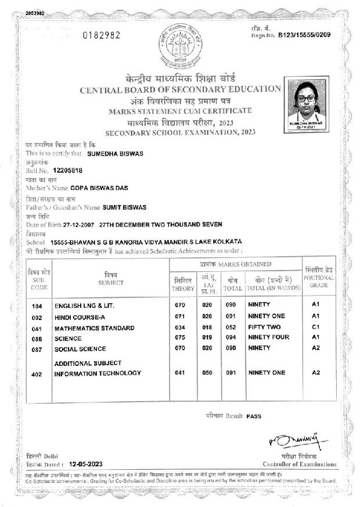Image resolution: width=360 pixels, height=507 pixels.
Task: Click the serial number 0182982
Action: (x=102, y=35)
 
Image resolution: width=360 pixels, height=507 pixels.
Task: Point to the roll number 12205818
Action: (x=67, y=172)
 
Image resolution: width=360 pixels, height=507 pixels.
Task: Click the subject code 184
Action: (x=37, y=305)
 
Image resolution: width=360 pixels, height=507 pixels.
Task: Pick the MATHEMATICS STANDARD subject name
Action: (x=94, y=328)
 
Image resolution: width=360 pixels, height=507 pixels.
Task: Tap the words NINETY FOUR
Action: (x=268, y=338)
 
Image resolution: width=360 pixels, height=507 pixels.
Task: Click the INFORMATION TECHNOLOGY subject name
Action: (x=98, y=373)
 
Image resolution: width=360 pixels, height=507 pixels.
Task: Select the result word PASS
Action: (x=254, y=417)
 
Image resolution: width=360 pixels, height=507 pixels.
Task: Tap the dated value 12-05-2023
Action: (x=85, y=465)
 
